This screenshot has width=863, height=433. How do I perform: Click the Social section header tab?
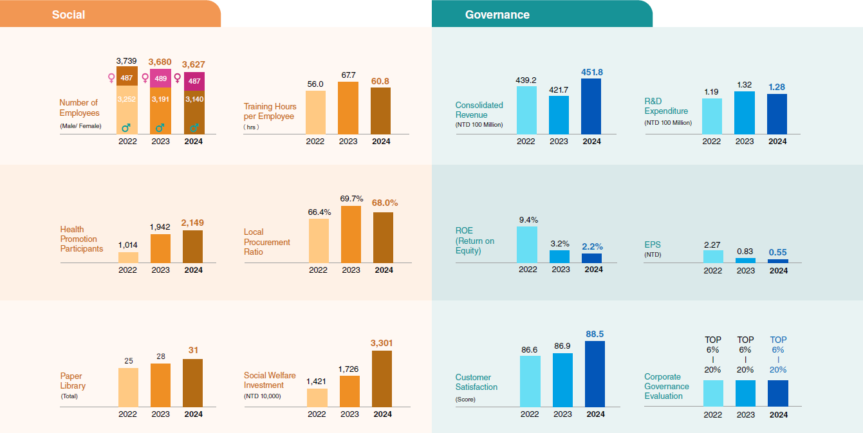(68, 14)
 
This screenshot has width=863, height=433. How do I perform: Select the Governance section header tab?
(497, 14)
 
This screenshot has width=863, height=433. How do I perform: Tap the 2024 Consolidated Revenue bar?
(591, 106)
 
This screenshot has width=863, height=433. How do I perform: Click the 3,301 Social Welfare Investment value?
(382, 343)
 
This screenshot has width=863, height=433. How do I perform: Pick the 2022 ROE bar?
(527, 244)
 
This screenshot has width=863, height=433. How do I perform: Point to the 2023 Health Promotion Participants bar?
(160, 248)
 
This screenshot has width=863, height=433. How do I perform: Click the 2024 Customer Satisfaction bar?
(595, 374)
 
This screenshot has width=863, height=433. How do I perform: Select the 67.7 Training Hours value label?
(348, 75)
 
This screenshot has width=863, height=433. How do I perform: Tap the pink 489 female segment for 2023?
(160, 78)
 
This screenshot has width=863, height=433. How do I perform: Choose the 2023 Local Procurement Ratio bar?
(351, 234)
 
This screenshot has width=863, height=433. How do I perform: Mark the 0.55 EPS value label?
(778, 253)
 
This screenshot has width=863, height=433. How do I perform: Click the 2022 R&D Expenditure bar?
(712, 116)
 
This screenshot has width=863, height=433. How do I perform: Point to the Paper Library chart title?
(73, 381)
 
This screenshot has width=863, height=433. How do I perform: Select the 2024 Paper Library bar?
(192, 383)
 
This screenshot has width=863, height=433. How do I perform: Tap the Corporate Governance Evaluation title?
(667, 386)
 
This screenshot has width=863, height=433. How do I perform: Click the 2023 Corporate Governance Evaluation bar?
(745, 392)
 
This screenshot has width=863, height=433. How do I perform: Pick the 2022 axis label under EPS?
(712, 271)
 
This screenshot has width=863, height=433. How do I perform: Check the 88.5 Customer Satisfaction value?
(595, 334)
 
